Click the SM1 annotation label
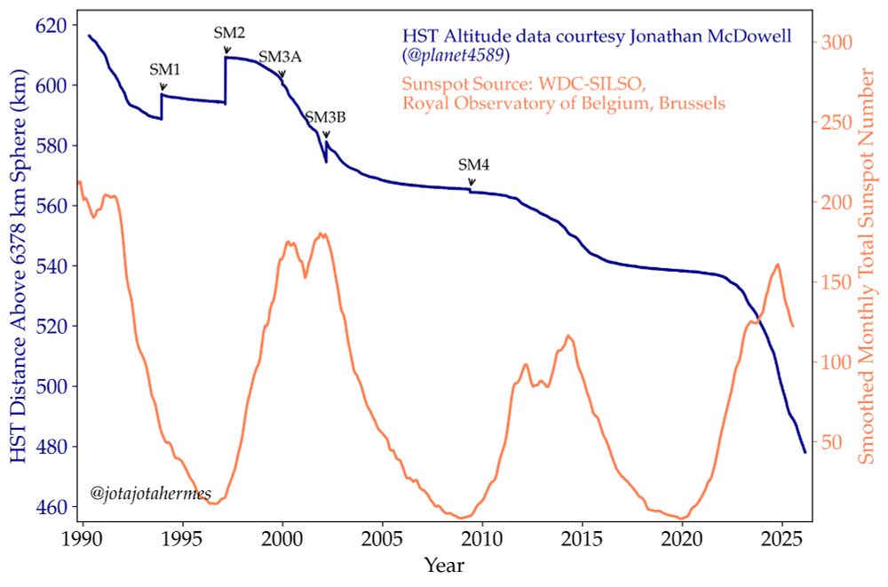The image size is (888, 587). coord(163,69)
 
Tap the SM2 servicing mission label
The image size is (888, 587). coord(228,33)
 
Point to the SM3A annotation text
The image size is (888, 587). coord(281,57)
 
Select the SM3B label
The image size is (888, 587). coord(325,117)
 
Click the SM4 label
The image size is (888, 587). coord(473,164)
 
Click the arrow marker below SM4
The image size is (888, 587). coord(472,182)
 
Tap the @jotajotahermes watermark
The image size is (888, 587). coord(145,491)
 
